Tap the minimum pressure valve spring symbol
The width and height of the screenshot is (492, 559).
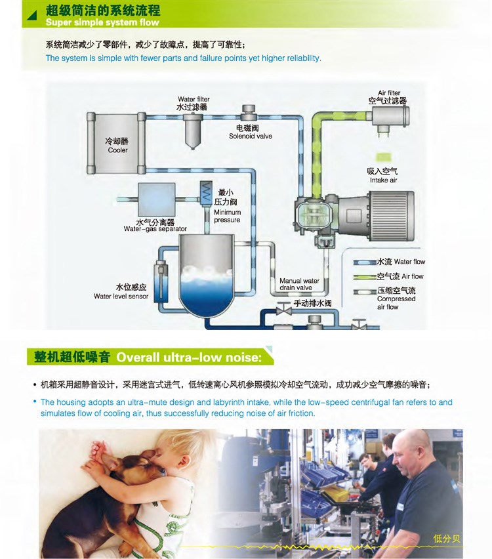206,192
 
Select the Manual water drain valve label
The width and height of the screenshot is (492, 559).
299,284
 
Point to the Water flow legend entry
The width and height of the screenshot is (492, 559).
390,262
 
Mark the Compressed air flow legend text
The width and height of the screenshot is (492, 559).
396,299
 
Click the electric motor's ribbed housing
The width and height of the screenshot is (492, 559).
392,216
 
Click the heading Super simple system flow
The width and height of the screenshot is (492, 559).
102,22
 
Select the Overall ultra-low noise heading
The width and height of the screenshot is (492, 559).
189,357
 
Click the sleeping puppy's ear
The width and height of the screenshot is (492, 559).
110,461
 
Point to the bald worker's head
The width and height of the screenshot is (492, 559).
412,449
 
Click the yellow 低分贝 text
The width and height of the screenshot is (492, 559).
446,538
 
